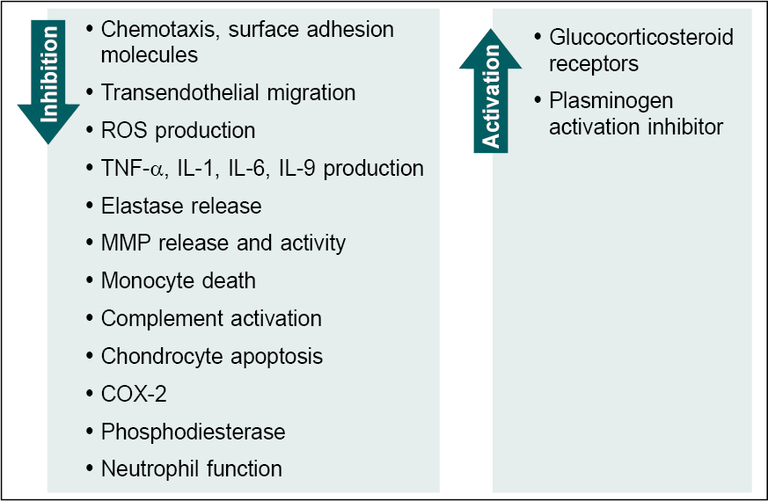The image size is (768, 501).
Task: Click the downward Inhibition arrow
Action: coord(49,75)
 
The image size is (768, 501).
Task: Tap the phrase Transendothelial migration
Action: coord(228,92)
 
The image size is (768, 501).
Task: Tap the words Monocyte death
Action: coord(179,280)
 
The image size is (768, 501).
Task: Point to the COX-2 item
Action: coord(134,394)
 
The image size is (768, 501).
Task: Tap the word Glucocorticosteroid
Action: coord(641,38)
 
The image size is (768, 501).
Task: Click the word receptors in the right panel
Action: coord(594,64)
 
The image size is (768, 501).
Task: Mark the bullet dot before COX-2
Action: coord(91,393)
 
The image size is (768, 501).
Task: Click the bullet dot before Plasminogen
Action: coord(538,101)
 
